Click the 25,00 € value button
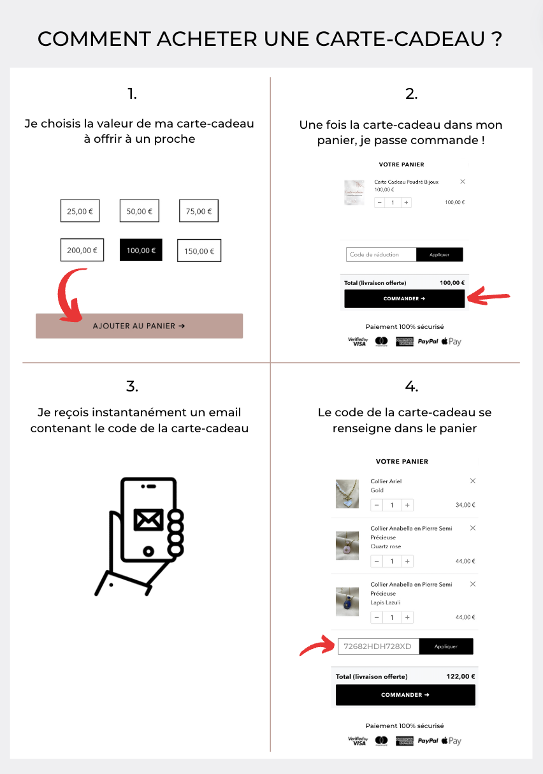80,211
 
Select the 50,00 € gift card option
140,211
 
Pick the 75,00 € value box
199,211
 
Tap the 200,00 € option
82,250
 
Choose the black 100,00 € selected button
141,250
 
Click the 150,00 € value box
199,251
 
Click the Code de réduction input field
380,254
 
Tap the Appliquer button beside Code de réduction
439,254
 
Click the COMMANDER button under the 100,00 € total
404,298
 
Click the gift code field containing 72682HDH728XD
378,646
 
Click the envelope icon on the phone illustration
148,520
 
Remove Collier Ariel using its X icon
472,481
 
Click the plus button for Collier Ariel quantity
407,505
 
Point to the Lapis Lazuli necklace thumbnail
348,601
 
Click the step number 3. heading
132,386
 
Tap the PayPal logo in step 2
428,342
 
